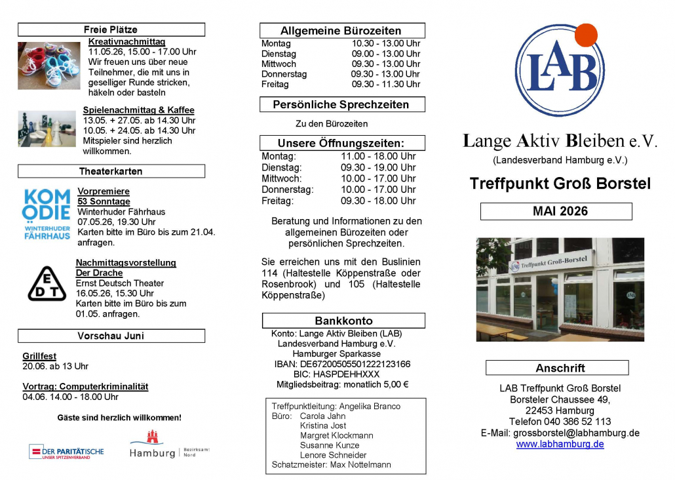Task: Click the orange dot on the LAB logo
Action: tap(586, 35)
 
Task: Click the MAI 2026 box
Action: tap(556, 211)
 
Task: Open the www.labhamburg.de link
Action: tap(560, 444)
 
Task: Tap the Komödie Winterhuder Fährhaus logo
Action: tap(46, 214)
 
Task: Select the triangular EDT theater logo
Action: tap(47, 283)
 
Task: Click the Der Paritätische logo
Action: tap(66, 452)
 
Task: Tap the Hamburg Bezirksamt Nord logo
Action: tap(169, 447)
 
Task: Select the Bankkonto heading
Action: tap(343, 321)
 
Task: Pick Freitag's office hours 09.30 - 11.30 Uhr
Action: tap(385, 85)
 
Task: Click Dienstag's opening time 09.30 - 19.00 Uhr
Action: tap(378, 167)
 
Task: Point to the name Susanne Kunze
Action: tap(329, 445)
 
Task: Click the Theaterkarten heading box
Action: tap(111, 171)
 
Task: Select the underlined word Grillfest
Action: tap(39, 356)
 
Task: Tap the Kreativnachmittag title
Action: tap(126, 41)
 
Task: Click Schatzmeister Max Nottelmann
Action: tap(331, 464)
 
